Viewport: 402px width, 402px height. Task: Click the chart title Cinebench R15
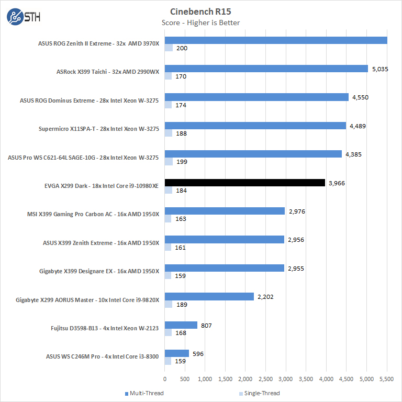202,11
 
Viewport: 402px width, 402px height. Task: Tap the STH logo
24,17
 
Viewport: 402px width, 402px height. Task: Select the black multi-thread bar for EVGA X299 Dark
245,183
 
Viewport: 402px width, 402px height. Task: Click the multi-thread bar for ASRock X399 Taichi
266,69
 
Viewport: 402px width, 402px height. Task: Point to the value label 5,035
379,69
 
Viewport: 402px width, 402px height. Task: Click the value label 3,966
337,183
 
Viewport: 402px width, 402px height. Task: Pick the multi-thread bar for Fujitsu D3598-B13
181,325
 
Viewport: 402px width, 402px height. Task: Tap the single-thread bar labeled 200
169,48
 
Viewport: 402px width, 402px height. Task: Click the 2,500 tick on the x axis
266,378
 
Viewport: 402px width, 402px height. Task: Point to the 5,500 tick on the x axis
387,378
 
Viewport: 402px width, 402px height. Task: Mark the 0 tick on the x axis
165,378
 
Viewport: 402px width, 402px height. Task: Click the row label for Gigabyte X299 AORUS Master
87,300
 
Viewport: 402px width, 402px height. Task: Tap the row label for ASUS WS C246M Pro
102,357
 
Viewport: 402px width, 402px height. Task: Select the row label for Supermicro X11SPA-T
98,129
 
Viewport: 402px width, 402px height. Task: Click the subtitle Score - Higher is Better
202,23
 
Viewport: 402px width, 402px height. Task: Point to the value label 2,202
265,297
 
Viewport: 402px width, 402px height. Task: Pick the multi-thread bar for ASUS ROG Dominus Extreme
256,97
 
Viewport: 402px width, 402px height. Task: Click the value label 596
198,353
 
